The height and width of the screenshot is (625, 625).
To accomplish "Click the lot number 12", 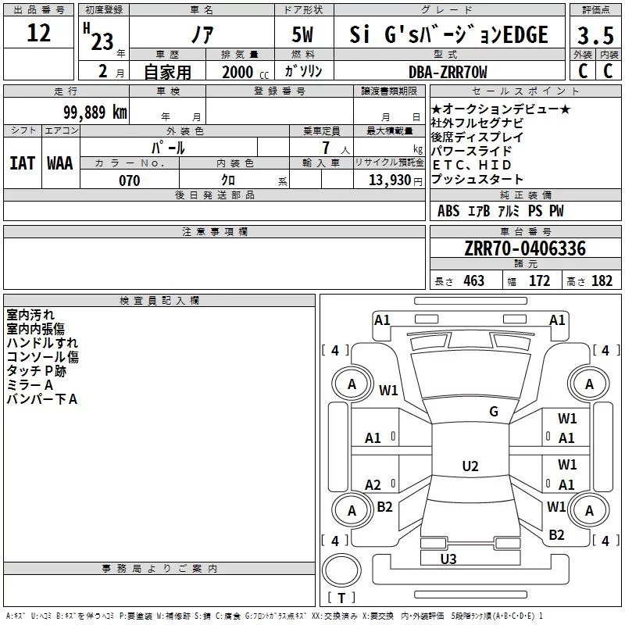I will [x=38, y=34].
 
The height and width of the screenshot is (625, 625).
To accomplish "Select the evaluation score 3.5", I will [x=595, y=36].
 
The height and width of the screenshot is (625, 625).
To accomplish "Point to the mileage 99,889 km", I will [x=95, y=112].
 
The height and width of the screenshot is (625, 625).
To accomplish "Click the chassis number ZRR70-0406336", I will [x=525, y=248].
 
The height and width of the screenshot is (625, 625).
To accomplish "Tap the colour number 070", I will [x=129, y=180].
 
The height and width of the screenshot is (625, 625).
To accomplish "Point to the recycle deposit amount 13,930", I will [x=387, y=180].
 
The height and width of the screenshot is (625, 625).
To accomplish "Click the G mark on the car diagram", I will [x=494, y=412].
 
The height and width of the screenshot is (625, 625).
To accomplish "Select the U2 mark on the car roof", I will [x=470, y=466].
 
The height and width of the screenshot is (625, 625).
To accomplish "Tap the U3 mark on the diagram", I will [x=448, y=559].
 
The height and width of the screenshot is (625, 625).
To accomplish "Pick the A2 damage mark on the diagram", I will [x=373, y=485].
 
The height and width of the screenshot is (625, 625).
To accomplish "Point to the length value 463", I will [x=473, y=281].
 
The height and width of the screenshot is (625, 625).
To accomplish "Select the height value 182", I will [x=602, y=281].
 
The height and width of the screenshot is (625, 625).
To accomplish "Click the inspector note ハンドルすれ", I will [x=42, y=343].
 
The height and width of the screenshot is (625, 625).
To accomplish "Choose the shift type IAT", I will [x=22, y=163].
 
